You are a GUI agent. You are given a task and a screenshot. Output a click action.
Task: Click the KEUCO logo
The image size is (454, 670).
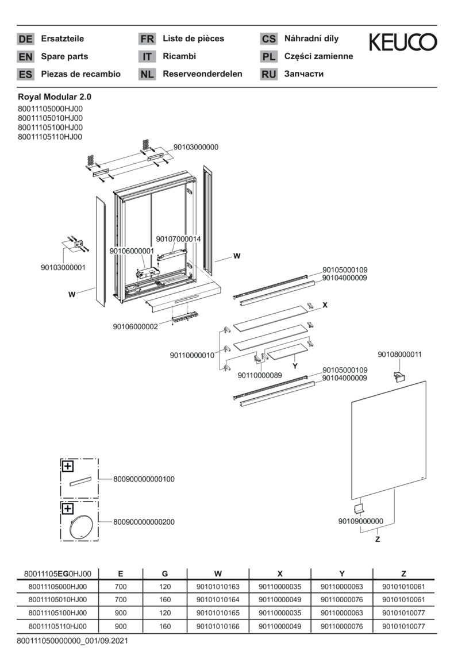[402, 41]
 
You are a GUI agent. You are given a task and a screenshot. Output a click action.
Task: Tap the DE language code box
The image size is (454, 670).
[25, 39]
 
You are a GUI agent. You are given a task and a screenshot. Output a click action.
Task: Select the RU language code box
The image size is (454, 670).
[268, 74]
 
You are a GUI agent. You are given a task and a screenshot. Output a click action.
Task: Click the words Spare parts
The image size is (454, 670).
[64, 56]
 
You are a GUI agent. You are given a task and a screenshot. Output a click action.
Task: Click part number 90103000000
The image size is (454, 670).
[196, 147]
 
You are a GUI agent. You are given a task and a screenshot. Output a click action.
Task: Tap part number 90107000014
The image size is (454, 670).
[178, 238]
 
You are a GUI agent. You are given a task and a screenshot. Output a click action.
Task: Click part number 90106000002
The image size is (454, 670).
[135, 326]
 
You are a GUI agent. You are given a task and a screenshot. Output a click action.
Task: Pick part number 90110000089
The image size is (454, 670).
[260, 375]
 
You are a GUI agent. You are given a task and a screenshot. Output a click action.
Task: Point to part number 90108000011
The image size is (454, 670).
[399, 355]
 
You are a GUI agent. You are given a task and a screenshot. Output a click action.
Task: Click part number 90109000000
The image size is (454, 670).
[360, 521]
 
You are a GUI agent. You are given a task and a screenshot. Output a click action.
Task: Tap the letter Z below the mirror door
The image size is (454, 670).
[378, 540]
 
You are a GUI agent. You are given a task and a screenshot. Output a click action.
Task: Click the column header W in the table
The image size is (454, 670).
[218, 573]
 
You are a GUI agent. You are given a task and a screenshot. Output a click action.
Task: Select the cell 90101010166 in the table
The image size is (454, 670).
[218, 626]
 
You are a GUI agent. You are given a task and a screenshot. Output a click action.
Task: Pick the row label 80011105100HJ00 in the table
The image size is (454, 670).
[57, 613]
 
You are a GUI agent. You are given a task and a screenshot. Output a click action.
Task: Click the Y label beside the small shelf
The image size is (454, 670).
[294, 365]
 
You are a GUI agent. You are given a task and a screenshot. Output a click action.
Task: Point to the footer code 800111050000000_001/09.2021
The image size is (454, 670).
[72, 640]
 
